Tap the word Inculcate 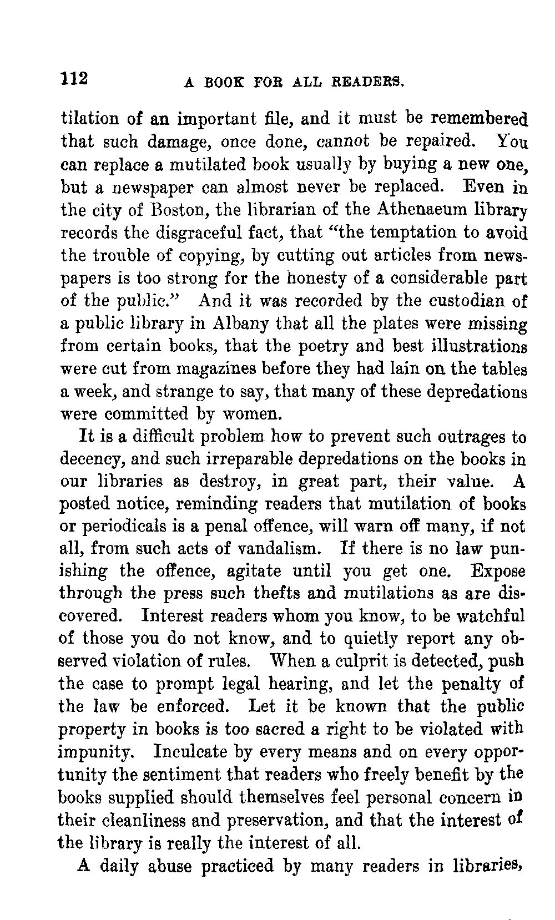[x=201, y=752]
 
